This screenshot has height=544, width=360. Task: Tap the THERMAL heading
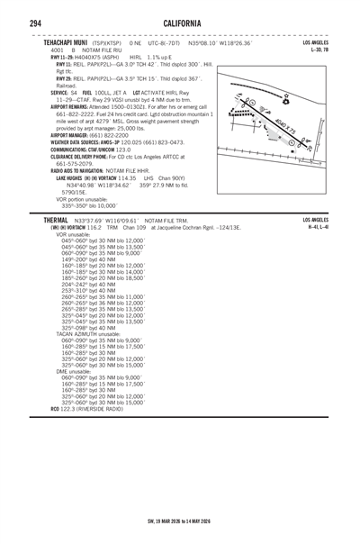[49, 220]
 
